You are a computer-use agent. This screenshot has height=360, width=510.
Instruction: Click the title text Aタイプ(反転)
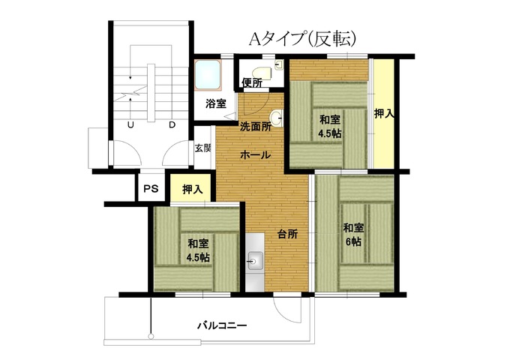302,40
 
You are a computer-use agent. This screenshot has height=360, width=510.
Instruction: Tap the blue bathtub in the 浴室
208,75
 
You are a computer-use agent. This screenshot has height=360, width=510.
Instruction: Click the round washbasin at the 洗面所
277,118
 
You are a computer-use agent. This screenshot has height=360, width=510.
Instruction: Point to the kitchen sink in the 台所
256,260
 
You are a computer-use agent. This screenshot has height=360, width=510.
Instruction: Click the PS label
151,188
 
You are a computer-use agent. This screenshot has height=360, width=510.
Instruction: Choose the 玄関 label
203,148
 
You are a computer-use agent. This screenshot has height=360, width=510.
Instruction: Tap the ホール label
255,154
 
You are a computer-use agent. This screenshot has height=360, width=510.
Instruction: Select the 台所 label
287,233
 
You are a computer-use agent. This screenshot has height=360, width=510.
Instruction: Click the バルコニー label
223,325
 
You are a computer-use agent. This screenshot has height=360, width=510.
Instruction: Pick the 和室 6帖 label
353,234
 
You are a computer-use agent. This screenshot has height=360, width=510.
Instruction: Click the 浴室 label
216,103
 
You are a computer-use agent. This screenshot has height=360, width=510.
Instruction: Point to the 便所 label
252,83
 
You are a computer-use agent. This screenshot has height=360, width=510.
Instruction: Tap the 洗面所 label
256,127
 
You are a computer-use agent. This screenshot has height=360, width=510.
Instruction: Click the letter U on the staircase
130,125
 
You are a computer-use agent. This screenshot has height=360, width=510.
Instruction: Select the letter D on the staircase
172,125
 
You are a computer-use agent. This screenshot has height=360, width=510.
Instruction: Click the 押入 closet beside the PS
193,188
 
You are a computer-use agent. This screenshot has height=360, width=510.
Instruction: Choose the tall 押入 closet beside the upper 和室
384,113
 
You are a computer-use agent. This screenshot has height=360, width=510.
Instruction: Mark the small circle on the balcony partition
151,337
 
